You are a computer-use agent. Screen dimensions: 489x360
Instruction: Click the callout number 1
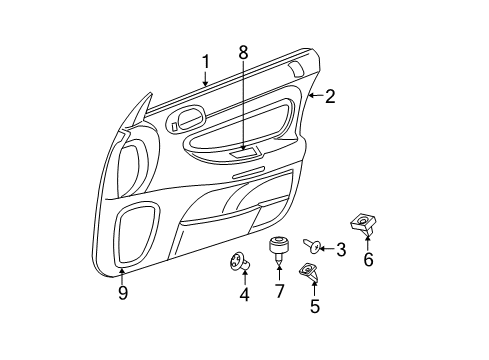(x=205, y=62)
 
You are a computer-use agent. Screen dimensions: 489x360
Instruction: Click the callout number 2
(x=330, y=96)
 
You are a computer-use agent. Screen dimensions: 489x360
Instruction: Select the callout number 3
(x=340, y=250)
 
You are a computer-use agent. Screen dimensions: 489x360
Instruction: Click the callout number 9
(x=122, y=294)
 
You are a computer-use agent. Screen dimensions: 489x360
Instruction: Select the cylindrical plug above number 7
(x=280, y=247)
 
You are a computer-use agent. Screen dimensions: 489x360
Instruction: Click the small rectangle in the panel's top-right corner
(x=296, y=69)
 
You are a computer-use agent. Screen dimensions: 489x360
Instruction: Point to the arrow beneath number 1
(x=205, y=80)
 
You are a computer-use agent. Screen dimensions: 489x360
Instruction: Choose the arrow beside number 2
(x=313, y=96)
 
